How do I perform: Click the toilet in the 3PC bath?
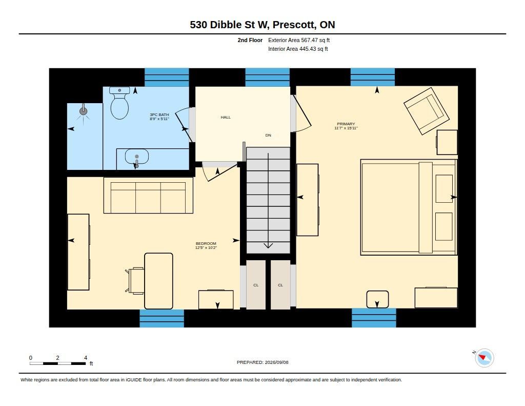coord(119,103)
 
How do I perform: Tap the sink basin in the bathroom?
coord(136,157)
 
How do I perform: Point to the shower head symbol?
coord(84,110)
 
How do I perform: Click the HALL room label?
coord(226,118)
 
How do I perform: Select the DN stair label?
coord(268,136)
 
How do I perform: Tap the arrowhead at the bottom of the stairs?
coord(268,246)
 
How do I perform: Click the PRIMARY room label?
coord(346,124)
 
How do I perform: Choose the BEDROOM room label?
coord(206,243)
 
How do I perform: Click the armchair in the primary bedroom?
coord(426,111)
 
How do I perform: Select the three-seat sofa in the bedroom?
coord(148,195)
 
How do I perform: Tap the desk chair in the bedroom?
coord(135,281)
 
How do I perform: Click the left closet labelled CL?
coord(256,285)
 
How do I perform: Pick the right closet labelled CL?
coord(280,285)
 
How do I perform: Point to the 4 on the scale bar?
coord(86,358)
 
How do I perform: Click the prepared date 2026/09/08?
coord(276,362)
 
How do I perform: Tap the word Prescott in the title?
coord(294,25)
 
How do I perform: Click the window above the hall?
coord(268,78)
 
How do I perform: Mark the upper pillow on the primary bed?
coord(444,188)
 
